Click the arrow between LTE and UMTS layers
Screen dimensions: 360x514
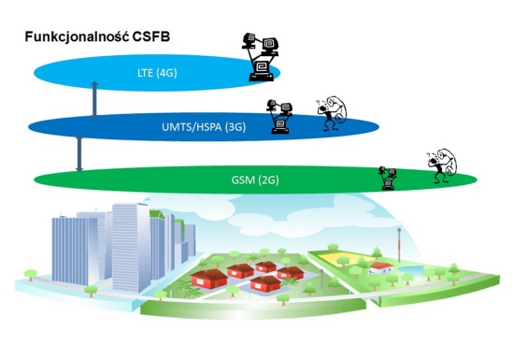[94, 99]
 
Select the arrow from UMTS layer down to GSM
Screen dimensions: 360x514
[79, 152]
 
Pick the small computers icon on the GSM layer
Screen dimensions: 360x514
[387, 177]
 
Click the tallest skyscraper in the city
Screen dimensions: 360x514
[128, 243]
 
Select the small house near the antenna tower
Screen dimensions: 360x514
[379, 267]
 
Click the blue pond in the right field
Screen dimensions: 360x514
[411, 270]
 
